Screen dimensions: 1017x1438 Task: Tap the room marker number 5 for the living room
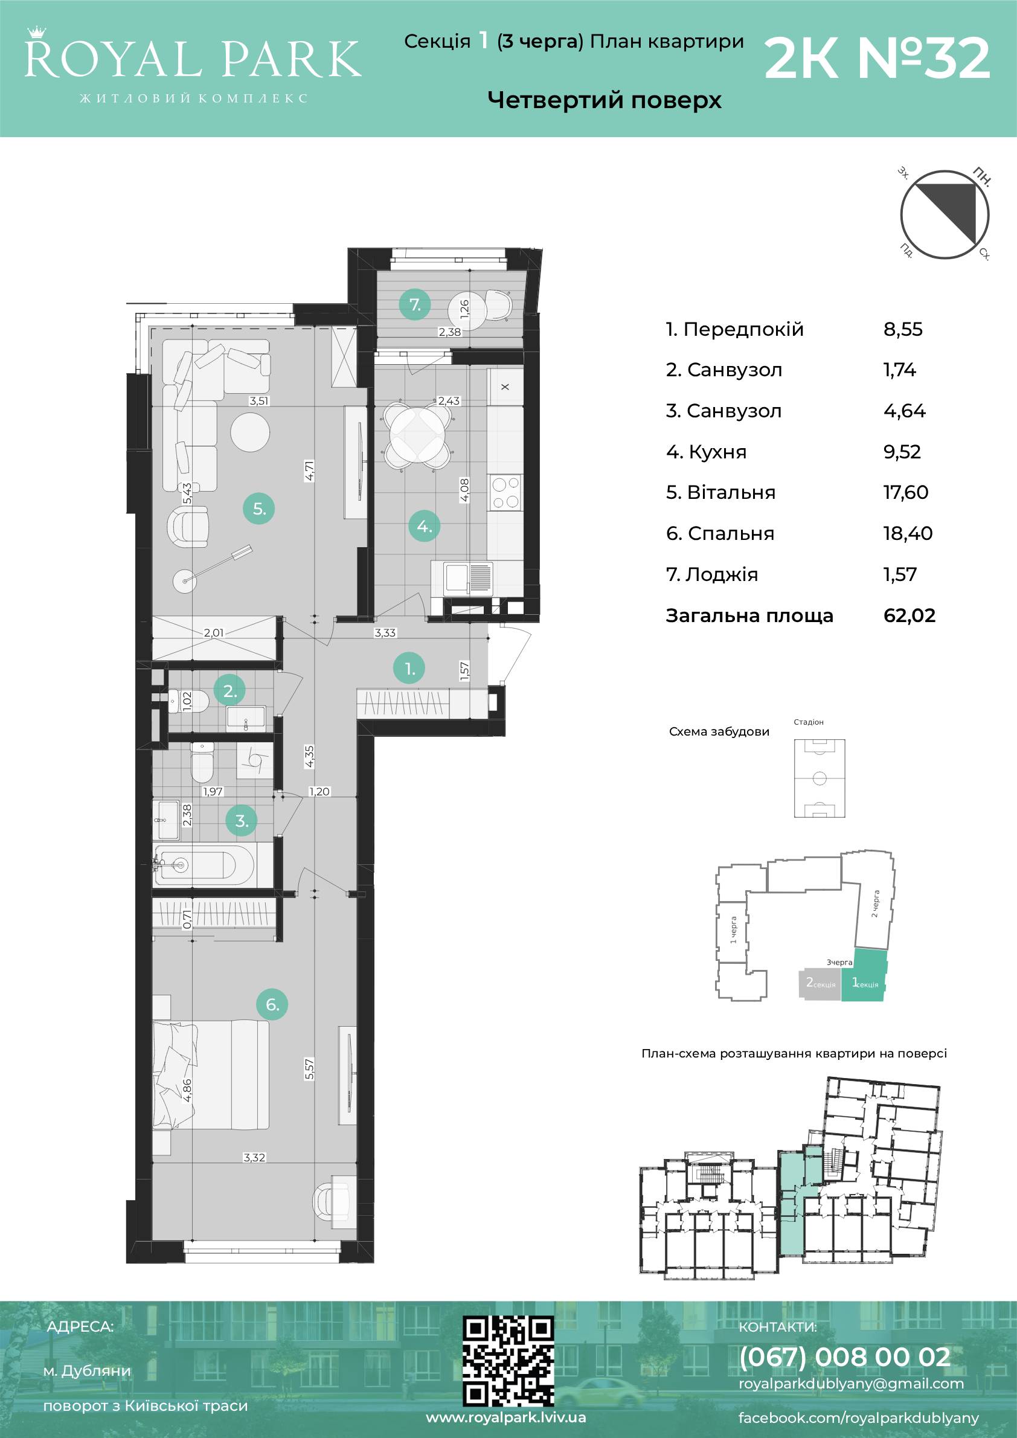click(258, 509)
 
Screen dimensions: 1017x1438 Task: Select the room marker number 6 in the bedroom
click(272, 1004)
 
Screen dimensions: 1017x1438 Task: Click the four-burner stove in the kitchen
click(505, 492)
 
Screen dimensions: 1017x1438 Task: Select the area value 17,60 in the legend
click(905, 492)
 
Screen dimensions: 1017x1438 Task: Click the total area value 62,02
click(910, 615)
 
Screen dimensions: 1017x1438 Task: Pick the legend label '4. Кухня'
click(707, 452)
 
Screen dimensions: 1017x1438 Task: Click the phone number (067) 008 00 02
click(845, 1356)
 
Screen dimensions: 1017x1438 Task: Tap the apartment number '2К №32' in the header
click(877, 58)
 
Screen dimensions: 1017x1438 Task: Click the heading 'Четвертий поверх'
click(605, 100)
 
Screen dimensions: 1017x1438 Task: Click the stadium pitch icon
click(819, 778)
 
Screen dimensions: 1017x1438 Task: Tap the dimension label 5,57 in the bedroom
click(309, 1069)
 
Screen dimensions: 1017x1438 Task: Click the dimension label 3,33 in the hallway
click(385, 632)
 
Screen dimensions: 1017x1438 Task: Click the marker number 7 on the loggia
click(415, 305)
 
